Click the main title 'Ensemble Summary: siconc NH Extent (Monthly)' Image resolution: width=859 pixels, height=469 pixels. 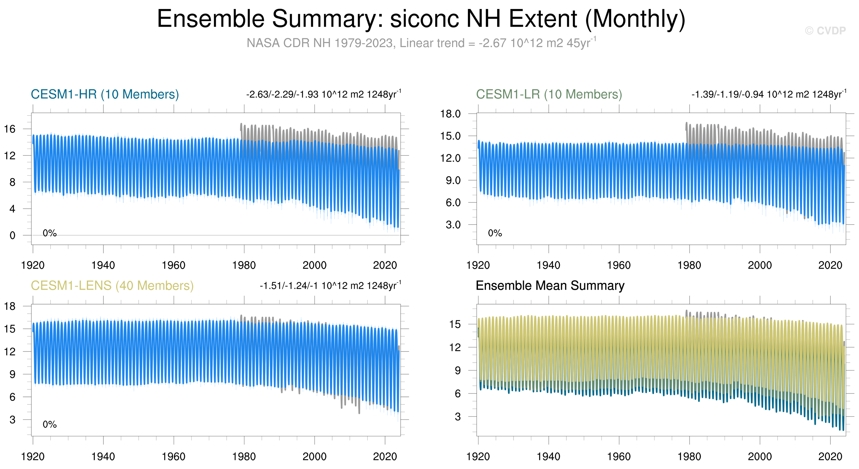(x=421, y=19)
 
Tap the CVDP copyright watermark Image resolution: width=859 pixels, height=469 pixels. (x=825, y=31)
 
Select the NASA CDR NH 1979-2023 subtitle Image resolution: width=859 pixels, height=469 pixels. (x=421, y=43)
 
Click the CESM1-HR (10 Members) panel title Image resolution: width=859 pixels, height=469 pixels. (x=105, y=94)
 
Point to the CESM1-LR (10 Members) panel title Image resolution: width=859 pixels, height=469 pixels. (x=549, y=94)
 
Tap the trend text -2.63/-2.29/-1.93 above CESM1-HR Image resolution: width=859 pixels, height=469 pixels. (x=324, y=94)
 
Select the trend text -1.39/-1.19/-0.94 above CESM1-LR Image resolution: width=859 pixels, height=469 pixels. (x=769, y=94)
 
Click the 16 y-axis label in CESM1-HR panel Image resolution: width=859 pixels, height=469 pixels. (x=10, y=129)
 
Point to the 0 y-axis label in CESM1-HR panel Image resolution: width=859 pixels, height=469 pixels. (x=13, y=236)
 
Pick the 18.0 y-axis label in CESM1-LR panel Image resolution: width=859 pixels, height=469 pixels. (x=450, y=114)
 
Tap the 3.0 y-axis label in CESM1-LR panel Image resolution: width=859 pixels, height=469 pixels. (x=453, y=224)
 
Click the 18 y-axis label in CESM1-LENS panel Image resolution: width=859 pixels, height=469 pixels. (x=10, y=306)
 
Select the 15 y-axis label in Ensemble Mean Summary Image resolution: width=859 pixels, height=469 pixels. (x=455, y=324)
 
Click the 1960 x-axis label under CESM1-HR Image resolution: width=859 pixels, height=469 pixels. (x=173, y=265)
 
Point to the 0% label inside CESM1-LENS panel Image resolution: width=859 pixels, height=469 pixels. (x=50, y=424)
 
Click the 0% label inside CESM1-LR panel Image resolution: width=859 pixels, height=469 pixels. (x=495, y=233)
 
